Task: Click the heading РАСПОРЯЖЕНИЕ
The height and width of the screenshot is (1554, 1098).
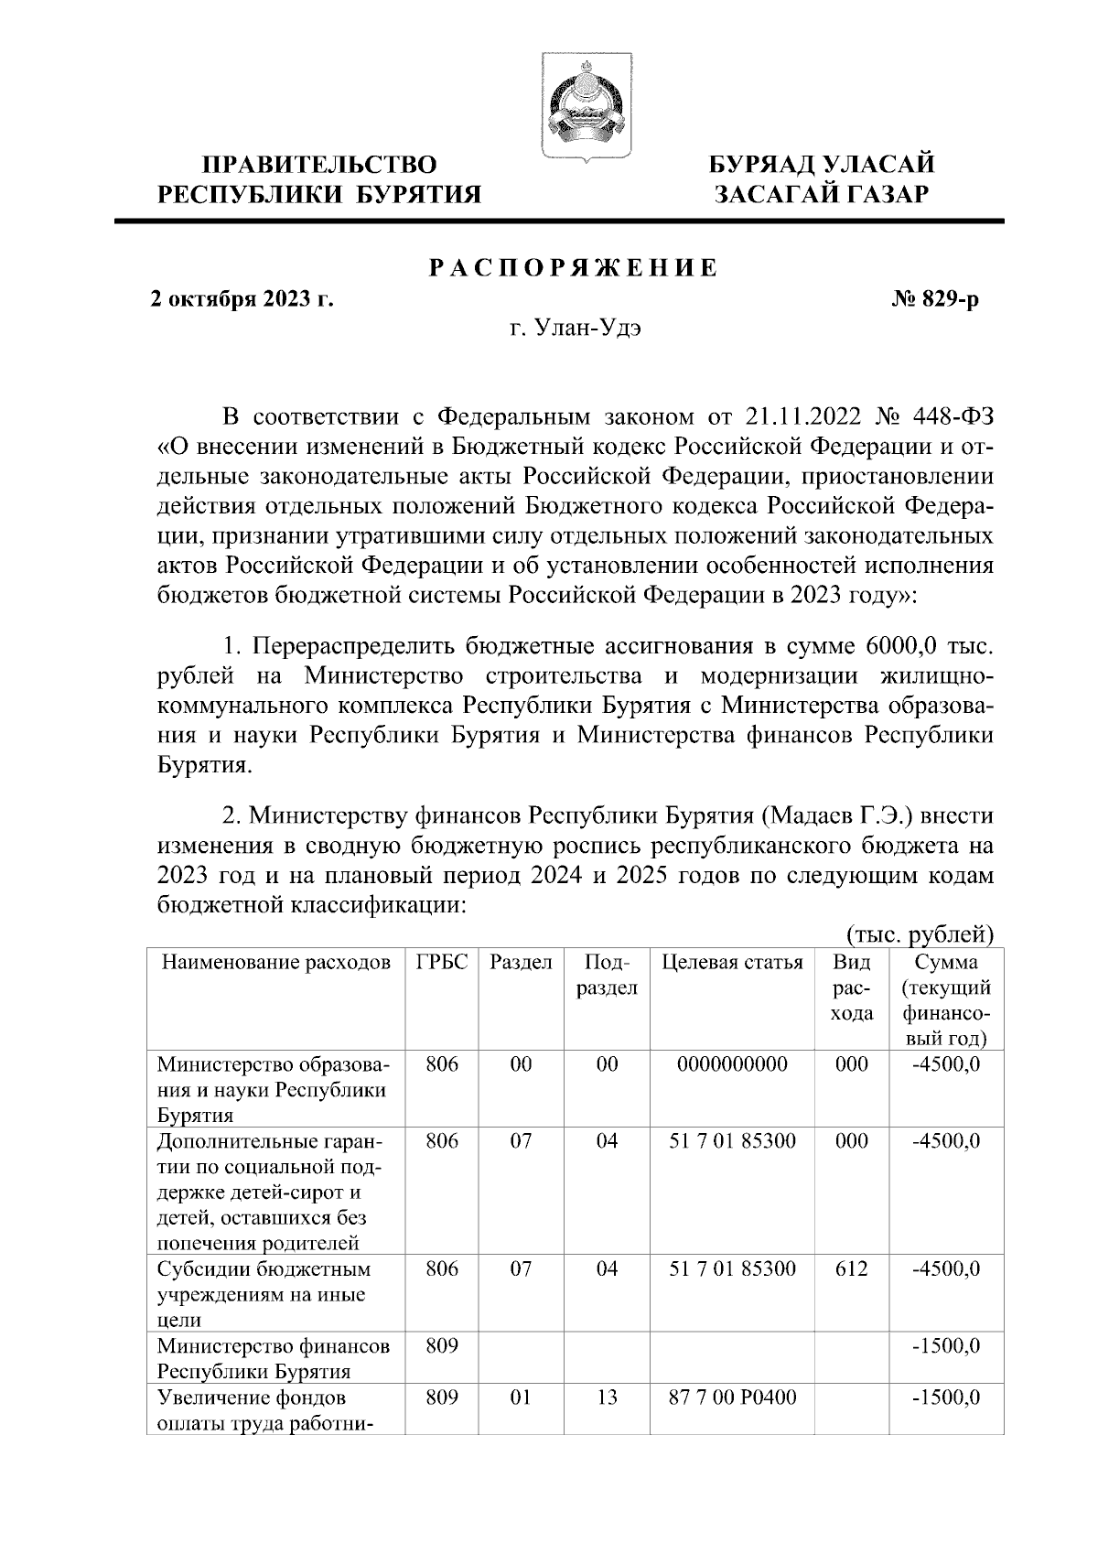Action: (573, 268)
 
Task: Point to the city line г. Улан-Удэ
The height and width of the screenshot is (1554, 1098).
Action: (575, 329)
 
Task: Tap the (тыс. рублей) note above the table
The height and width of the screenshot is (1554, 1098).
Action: (920, 935)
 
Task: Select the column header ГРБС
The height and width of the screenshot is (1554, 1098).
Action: (442, 963)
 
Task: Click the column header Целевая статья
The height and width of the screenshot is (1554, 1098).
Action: (732, 963)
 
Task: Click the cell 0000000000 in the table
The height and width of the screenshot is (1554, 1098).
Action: (732, 1064)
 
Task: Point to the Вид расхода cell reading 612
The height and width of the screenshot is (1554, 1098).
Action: (851, 1269)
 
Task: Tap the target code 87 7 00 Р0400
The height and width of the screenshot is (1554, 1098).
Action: (732, 1398)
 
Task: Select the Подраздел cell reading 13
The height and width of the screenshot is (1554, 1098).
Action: (607, 1398)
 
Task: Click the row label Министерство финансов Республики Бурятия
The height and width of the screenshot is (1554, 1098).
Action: (274, 1359)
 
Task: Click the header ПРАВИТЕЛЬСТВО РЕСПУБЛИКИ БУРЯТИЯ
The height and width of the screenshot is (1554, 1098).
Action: (319, 179)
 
